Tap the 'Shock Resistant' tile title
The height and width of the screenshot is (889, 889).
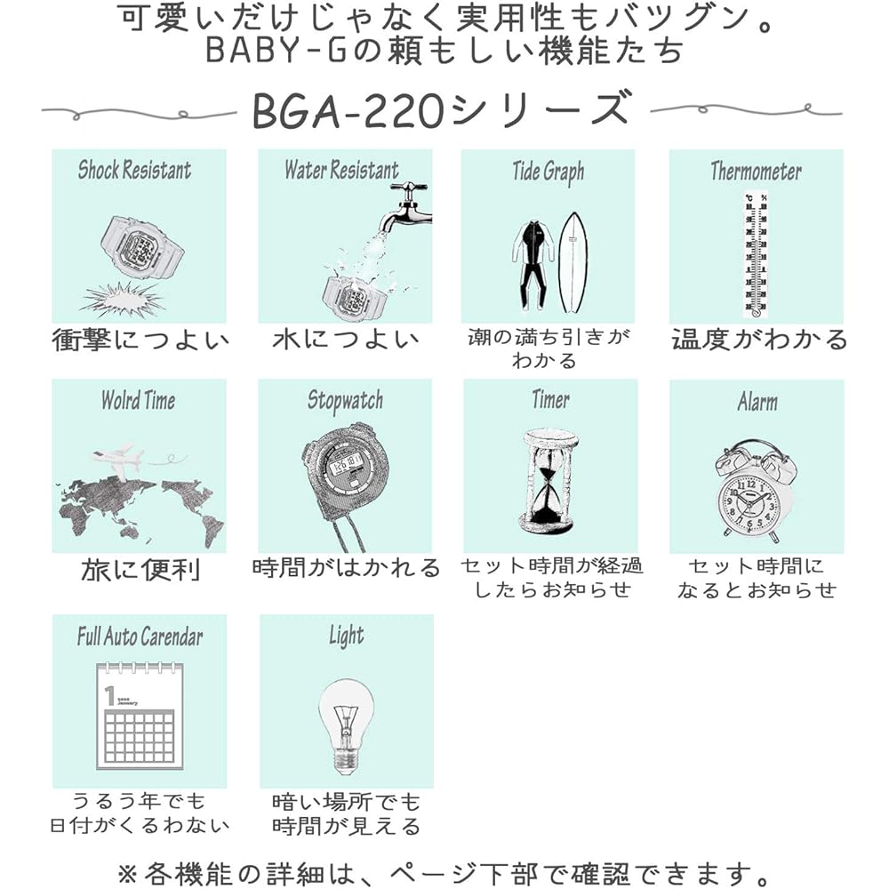point(135,170)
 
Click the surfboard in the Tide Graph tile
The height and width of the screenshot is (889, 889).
point(573,263)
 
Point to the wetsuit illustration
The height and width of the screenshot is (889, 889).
point(533,265)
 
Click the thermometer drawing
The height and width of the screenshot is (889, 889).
point(756,255)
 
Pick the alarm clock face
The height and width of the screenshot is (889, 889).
point(748,502)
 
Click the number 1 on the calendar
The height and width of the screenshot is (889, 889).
point(110,696)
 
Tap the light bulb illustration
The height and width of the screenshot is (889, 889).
point(346,726)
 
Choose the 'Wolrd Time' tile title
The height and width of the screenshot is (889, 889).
point(139,400)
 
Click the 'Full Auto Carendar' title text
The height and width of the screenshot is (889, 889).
point(140,637)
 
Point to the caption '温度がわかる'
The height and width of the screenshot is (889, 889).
point(759,339)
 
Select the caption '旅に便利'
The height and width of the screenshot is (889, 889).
point(140,569)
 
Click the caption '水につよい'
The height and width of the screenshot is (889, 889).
point(345,339)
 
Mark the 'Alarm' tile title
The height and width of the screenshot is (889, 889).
point(757,402)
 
